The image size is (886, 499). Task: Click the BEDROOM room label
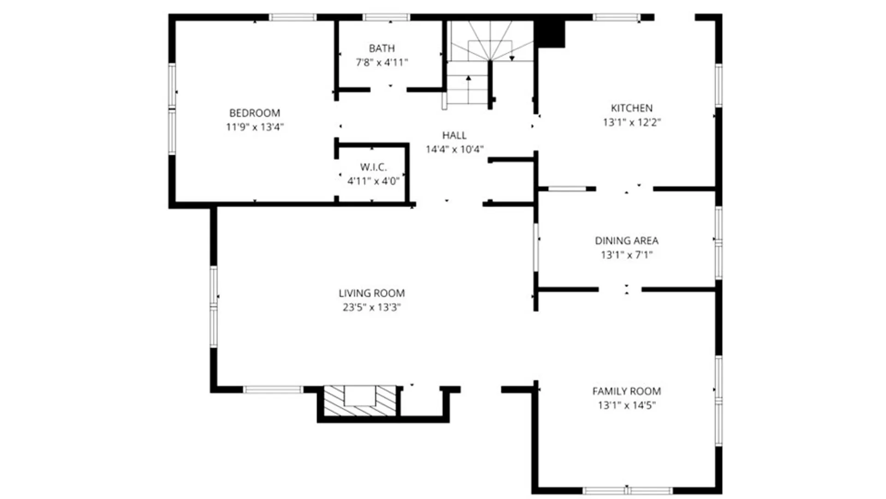(x=255, y=113)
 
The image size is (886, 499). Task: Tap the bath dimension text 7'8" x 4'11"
(x=382, y=62)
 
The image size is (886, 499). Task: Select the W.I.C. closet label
(x=373, y=167)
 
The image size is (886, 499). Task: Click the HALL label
(x=454, y=135)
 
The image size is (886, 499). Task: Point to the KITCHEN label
(x=631, y=108)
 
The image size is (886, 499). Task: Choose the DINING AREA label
(x=626, y=241)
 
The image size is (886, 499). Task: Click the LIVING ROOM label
(x=371, y=293)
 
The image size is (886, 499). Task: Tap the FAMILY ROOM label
(x=626, y=391)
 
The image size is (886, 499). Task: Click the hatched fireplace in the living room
(x=360, y=400)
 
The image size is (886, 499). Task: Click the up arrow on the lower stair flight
(x=468, y=79)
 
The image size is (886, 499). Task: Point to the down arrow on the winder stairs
(x=512, y=58)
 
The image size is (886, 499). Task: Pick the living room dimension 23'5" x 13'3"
(x=371, y=307)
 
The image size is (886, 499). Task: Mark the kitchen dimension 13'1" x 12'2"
(x=631, y=122)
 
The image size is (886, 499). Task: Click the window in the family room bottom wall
(x=627, y=490)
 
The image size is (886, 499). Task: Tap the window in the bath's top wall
(x=386, y=18)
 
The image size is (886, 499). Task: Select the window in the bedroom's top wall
(x=293, y=18)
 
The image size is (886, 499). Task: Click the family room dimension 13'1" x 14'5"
(x=626, y=406)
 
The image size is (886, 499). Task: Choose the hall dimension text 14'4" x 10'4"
(x=454, y=149)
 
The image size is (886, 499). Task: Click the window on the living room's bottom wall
(x=273, y=389)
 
